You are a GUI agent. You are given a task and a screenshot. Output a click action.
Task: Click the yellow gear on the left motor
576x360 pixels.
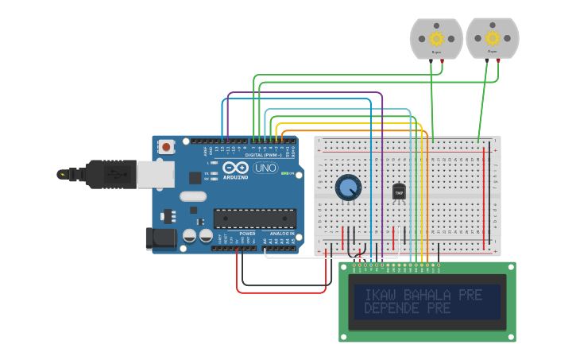436,38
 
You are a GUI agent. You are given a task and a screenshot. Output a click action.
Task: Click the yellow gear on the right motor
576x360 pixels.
493,37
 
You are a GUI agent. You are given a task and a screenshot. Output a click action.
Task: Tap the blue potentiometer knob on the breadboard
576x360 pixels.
347,188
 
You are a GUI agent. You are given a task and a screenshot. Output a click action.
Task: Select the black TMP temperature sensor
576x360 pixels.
399,192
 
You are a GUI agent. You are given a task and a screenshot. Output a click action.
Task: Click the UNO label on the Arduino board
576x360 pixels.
265,168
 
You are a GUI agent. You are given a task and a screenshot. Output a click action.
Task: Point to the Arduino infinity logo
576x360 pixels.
236,168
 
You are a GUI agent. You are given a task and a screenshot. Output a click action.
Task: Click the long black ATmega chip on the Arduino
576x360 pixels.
255,218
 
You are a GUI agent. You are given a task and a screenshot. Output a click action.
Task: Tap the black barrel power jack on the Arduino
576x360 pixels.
159,238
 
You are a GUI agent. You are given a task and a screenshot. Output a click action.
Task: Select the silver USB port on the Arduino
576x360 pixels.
155,174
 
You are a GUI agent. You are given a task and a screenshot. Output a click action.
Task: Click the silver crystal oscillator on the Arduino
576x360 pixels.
193,196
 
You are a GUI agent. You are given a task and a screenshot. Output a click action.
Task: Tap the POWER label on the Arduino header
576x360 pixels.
247,234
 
